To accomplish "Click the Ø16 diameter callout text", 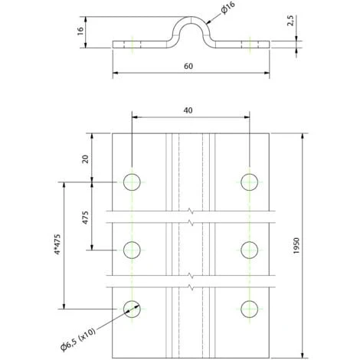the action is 228,8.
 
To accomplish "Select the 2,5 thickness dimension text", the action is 290,21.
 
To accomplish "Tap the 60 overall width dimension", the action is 188,67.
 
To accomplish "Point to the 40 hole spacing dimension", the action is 188,110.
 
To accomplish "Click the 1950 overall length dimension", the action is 296,246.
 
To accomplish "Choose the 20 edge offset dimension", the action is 86,159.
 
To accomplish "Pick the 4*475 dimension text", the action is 57,244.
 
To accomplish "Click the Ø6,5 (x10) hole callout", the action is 78,340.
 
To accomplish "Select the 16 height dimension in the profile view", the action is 80,31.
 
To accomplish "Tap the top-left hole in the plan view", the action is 132,182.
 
